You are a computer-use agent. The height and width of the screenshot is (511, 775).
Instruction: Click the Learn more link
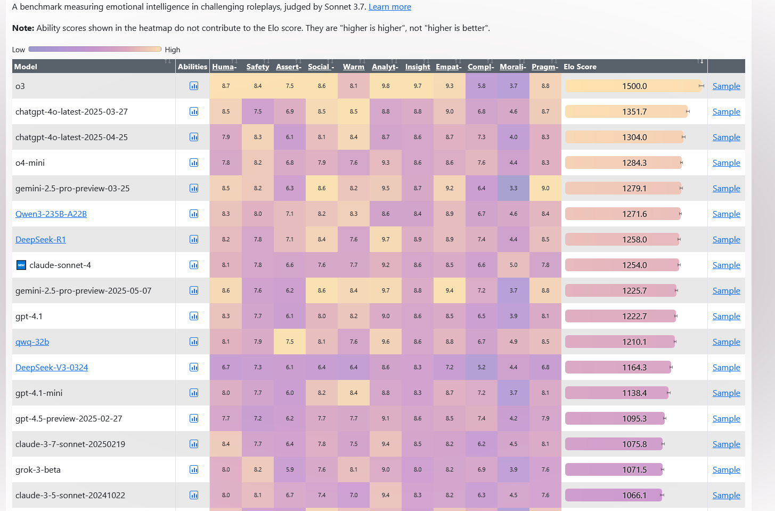(389, 7)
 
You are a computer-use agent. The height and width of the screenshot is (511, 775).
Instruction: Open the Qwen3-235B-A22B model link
(51, 214)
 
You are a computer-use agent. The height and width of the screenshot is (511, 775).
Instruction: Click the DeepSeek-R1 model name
(40, 240)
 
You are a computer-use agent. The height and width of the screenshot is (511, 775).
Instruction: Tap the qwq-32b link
(32, 342)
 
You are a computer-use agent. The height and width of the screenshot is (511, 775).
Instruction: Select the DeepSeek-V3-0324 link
(52, 368)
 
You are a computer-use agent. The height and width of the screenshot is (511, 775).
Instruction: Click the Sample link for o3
(726, 86)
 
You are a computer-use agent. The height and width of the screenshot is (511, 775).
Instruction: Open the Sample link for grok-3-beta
(726, 470)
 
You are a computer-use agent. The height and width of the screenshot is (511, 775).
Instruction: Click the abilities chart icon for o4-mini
(194, 163)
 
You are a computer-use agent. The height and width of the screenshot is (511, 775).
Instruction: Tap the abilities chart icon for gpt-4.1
(194, 317)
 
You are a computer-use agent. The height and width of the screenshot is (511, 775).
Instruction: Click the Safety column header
(257, 67)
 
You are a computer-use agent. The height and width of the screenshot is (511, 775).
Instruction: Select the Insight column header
(417, 67)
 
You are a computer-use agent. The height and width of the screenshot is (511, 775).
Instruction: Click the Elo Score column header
(580, 67)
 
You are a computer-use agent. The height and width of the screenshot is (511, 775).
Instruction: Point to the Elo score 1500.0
(634, 86)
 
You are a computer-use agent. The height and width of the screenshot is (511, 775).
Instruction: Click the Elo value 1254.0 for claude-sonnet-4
(634, 265)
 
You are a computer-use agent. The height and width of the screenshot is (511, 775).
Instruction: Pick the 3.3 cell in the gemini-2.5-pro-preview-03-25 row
(513, 189)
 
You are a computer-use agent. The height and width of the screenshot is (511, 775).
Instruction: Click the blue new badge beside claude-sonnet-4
(21, 265)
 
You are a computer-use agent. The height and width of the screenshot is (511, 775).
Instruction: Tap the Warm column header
(353, 67)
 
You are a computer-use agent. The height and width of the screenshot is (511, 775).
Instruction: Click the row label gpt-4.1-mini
(39, 393)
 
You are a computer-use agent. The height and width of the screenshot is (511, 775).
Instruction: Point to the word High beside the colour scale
(172, 50)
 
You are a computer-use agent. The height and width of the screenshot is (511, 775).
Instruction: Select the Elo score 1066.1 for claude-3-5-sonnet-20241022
(634, 496)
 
